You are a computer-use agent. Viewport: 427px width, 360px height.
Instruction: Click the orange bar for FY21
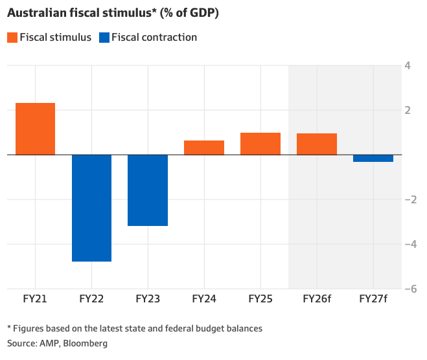click(35, 129)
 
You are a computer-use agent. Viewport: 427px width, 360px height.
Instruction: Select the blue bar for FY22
click(91, 208)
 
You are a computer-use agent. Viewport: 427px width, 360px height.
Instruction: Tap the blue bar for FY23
click(148, 190)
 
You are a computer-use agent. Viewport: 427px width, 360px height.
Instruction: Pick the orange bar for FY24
click(204, 148)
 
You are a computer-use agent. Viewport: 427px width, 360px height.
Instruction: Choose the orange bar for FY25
click(260, 144)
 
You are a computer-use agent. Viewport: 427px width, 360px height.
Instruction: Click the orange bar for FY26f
click(317, 144)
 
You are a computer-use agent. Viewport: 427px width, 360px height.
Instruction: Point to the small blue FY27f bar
click(373, 159)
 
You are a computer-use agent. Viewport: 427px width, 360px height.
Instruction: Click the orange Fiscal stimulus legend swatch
click(12, 38)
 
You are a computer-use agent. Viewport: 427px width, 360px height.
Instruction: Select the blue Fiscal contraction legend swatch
click(104, 38)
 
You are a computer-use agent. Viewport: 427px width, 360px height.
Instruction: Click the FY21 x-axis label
click(35, 300)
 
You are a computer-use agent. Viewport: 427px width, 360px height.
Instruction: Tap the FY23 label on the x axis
click(148, 300)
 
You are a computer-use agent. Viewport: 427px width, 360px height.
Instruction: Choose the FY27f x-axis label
click(373, 300)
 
